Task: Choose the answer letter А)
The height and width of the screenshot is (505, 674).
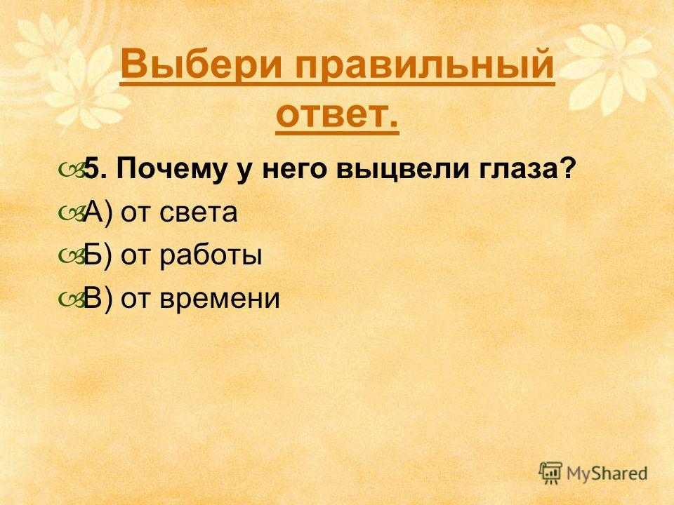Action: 98,212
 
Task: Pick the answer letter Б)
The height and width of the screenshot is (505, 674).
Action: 98,255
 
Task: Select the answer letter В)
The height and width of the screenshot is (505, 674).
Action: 98,298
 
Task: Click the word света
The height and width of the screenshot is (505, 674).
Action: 198,213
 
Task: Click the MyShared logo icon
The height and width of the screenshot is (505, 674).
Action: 550,473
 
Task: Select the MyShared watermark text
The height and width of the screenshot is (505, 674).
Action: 607,473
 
